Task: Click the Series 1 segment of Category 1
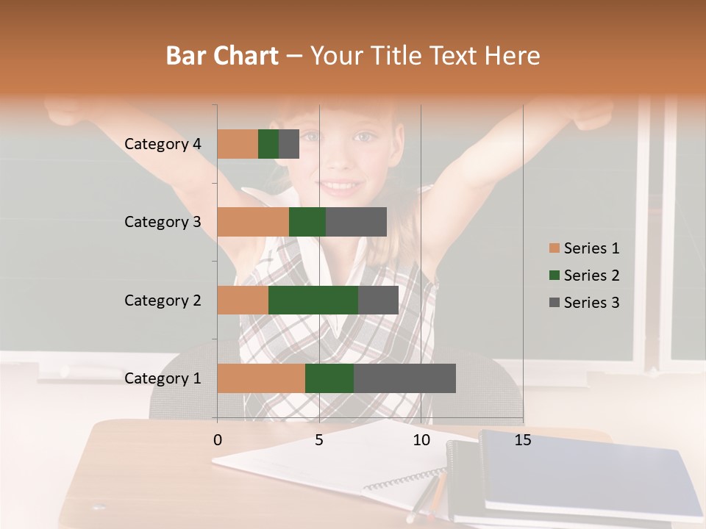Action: (261, 378)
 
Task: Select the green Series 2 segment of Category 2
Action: (313, 300)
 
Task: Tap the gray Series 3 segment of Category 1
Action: (404, 378)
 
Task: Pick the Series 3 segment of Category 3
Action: (356, 222)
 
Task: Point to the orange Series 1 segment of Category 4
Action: (238, 144)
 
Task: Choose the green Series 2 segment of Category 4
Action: (268, 144)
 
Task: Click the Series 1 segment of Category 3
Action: (253, 222)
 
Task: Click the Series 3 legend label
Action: (591, 303)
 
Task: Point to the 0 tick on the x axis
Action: (218, 440)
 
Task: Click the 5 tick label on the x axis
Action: (319, 440)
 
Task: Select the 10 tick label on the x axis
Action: (421, 440)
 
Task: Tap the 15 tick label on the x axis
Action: (523, 440)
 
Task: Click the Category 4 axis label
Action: (163, 144)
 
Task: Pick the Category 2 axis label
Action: (163, 300)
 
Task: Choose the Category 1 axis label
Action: (163, 378)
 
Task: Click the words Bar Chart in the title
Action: (222, 55)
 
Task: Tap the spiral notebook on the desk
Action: (331, 467)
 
